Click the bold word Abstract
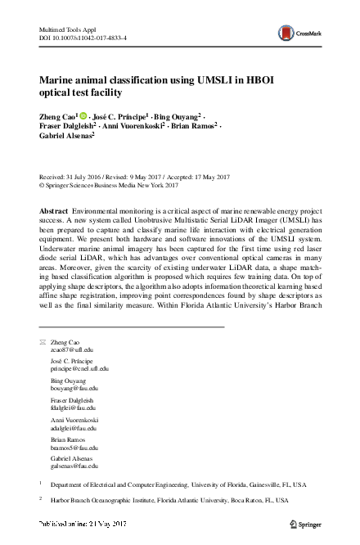point(54,211)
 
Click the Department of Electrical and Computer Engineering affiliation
point(172,484)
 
